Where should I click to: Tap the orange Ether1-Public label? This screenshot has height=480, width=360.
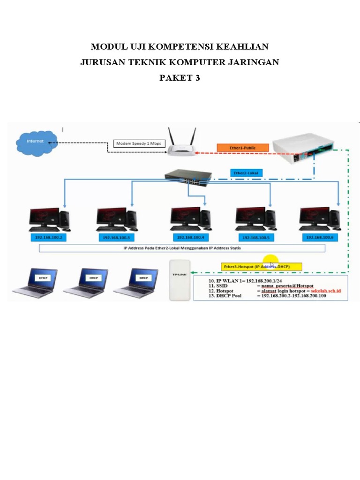(242, 148)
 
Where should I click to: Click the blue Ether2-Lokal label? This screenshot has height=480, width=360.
(246, 173)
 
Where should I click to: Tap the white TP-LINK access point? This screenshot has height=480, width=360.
(180, 280)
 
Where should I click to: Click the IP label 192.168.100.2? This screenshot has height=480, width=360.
(49, 238)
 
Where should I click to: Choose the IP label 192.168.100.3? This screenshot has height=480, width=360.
(116, 238)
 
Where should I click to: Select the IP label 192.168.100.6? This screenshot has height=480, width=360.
(320, 238)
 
